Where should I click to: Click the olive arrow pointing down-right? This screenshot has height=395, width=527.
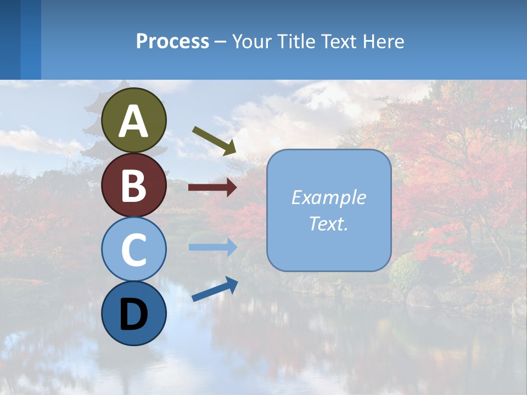tap(214, 140)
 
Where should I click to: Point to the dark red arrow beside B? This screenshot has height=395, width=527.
tap(212, 188)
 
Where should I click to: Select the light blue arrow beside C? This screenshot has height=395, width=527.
tap(212, 247)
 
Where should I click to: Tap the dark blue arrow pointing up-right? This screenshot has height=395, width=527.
tap(215, 289)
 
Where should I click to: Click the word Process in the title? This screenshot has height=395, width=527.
tap(172, 42)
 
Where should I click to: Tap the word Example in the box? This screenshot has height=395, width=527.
tap(328, 198)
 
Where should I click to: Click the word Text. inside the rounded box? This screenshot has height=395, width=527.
tap(328, 223)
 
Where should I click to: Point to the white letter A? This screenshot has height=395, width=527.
tap(133, 121)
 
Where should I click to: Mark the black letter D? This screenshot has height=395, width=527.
tap(133, 314)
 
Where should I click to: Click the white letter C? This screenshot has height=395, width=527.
tap(133, 250)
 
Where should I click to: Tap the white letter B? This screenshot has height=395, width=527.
tap(133, 185)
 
